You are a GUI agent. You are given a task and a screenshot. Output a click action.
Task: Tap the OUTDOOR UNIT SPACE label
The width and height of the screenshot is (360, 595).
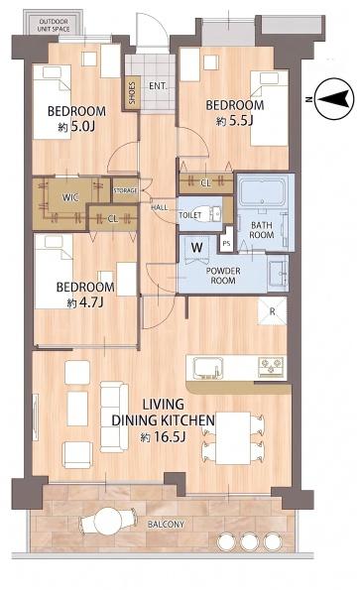[54, 25]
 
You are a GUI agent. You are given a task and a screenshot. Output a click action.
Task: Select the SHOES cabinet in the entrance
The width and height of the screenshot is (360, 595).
[132, 92]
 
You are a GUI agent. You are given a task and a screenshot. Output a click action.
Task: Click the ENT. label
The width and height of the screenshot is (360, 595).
[159, 86]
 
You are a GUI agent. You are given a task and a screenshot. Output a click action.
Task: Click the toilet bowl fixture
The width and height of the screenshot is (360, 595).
[207, 213]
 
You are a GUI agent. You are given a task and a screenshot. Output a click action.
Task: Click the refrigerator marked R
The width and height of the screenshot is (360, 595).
[272, 311]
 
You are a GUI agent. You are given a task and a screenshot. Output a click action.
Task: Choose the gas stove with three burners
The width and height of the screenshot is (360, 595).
[271, 367]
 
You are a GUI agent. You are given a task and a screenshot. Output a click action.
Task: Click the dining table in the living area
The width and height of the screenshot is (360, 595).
[232, 438]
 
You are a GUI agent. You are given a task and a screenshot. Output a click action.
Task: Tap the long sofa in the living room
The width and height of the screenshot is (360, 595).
[114, 416]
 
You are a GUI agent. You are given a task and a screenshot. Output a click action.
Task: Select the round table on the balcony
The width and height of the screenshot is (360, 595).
[108, 521]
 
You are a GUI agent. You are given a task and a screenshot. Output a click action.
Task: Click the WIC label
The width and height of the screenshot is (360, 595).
[70, 197]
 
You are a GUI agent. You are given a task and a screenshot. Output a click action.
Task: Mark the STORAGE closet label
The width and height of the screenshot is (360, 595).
[126, 190]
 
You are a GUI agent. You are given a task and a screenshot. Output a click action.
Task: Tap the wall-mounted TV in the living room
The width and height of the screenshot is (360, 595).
[35, 417]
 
